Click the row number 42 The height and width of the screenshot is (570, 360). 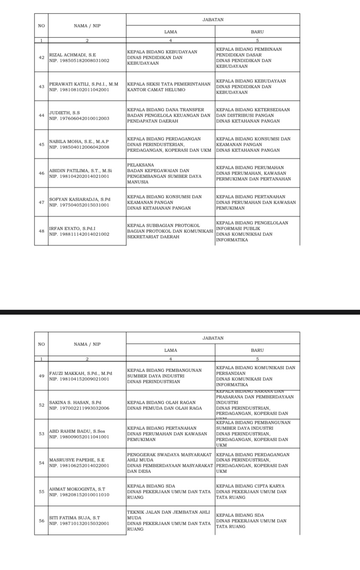click(x=41, y=57)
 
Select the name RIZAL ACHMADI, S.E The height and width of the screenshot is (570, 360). click(x=73, y=55)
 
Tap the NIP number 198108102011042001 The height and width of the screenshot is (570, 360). click(x=79, y=90)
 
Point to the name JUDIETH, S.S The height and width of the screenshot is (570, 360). click(x=64, y=113)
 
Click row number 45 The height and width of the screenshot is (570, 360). click(x=41, y=144)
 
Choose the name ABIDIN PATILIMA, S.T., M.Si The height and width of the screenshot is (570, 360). click(x=80, y=171)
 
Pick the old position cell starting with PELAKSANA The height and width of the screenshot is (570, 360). click(x=164, y=173)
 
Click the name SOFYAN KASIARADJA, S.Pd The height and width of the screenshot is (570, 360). click(x=80, y=199)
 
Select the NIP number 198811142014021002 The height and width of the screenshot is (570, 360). click(x=79, y=234)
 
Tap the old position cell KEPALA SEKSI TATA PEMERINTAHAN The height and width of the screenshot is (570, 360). click(x=169, y=87)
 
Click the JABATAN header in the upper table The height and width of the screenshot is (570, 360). click(x=213, y=20)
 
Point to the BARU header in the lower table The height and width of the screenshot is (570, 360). click(x=257, y=350)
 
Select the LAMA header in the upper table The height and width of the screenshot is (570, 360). click(x=170, y=32)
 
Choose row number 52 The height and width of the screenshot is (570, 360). click(x=41, y=405)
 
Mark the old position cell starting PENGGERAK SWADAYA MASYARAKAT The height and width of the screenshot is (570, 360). click(x=169, y=463)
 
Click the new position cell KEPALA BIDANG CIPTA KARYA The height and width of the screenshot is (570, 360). click(x=251, y=492)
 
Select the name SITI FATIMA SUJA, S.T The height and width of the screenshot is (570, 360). click(x=74, y=518)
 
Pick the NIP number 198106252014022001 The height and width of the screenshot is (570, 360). click(x=79, y=466)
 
